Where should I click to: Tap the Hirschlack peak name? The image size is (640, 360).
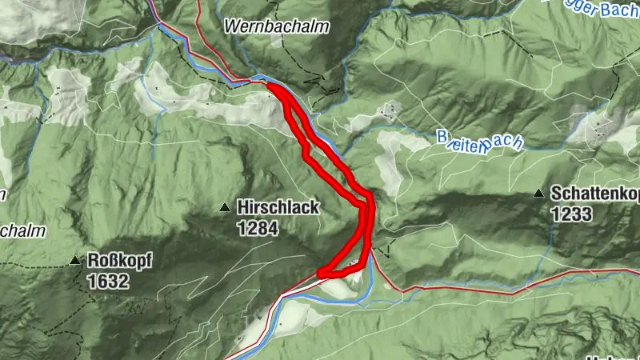[x=278, y=208]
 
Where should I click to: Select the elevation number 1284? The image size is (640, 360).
[x=257, y=230]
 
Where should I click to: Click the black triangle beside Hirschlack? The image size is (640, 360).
[x=225, y=208]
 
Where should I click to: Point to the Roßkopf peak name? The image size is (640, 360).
[x=119, y=261]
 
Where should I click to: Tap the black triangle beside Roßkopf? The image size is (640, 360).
[x=75, y=261]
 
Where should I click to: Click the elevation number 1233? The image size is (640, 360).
[x=570, y=214]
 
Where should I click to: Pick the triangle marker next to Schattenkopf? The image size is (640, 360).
[x=540, y=194]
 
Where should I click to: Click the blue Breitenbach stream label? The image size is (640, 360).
[x=479, y=141]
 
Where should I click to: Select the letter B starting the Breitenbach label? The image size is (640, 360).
[x=442, y=138]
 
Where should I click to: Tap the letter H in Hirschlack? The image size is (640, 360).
[x=242, y=208]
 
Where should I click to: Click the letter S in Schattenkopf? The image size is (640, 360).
[x=555, y=194]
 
